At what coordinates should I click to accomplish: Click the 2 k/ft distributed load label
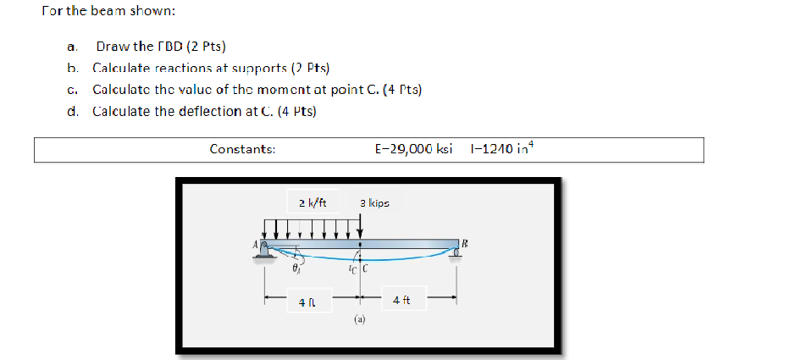pyautogui.click(x=313, y=202)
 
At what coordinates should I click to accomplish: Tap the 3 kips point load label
pyautogui.click(x=374, y=202)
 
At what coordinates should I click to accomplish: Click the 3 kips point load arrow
pyautogui.click(x=362, y=228)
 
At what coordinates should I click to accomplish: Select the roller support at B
pyautogui.click(x=458, y=251)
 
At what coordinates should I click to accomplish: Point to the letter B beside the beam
pyautogui.click(x=465, y=242)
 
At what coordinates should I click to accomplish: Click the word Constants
pyautogui.click(x=242, y=148)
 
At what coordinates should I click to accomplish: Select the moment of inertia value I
pyautogui.click(x=501, y=148)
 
